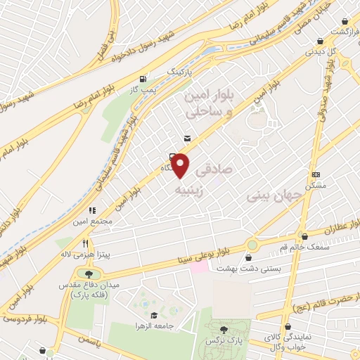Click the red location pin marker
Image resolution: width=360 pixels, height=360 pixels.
click(x=181, y=166)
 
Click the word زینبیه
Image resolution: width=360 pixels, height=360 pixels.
click(x=192, y=191)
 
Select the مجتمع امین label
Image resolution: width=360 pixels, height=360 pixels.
click(x=91, y=221)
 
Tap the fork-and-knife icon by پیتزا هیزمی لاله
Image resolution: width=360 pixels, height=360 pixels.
click(x=85, y=243)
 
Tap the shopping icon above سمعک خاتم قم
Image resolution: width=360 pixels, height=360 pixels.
click(x=304, y=237)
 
